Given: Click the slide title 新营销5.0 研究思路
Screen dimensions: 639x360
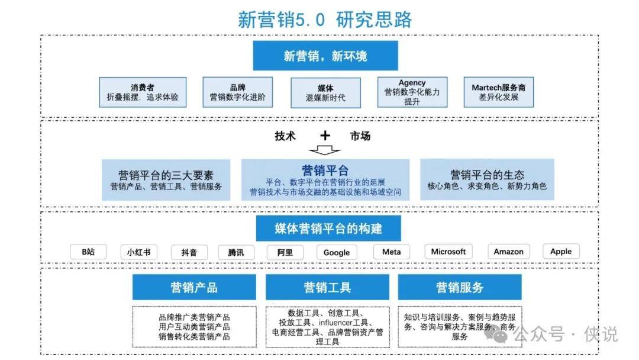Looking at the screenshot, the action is tap(325, 20).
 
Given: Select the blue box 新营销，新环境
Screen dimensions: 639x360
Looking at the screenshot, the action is tap(325, 56).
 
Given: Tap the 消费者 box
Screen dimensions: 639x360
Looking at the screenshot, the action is tap(143, 92).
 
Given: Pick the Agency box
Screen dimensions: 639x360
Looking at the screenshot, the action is tap(412, 92).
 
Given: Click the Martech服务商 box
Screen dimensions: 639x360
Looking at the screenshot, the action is tap(498, 92).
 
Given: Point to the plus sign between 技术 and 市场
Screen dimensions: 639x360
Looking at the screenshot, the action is tap(325, 136).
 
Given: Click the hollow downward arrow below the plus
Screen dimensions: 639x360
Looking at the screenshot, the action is tap(324, 150).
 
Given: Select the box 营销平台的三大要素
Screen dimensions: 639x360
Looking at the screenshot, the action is tap(166, 180).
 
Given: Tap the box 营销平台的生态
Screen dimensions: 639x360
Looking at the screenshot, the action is tap(487, 179).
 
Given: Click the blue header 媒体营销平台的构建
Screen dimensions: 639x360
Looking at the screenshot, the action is tap(328, 229).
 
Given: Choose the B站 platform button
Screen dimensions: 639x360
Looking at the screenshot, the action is tap(88, 252).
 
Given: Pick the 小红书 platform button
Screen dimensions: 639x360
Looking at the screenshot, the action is tap(139, 252).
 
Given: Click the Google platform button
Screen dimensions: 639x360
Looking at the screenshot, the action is tap(337, 252).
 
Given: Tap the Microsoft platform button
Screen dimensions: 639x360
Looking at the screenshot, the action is tap(448, 252).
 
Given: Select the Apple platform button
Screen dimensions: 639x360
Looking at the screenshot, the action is tap(561, 251).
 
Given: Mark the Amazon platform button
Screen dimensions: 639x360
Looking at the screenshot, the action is tap(509, 252).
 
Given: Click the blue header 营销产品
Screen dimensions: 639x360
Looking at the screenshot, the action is tap(195, 287).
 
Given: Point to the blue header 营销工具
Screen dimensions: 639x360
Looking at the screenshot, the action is tap(327, 287).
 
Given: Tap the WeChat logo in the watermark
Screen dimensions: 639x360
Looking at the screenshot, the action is tap(495, 335).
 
